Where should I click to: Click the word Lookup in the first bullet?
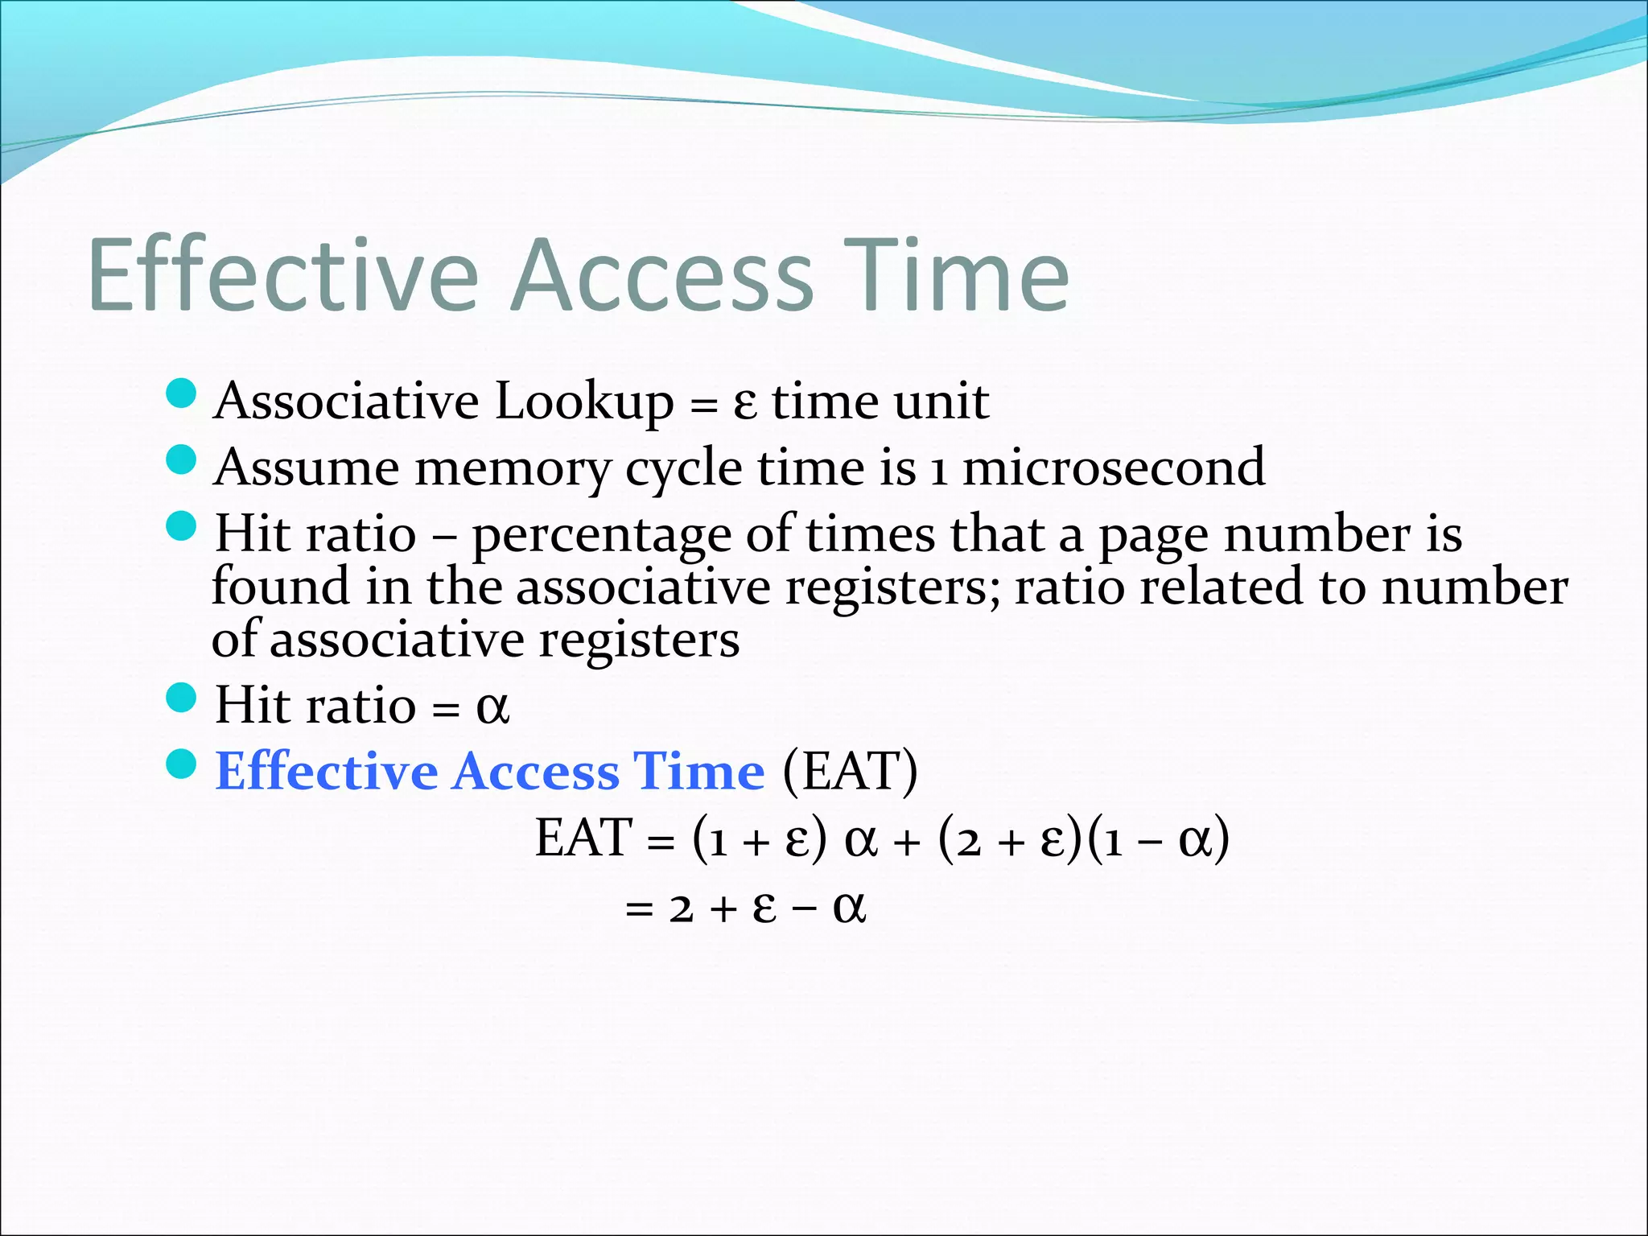point(584,402)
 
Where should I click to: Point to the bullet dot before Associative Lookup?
point(181,393)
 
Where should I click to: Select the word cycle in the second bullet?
point(683,469)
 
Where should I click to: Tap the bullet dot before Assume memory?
point(181,460)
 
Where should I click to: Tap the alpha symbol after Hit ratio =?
point(492,707)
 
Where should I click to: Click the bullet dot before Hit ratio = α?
point(181,697)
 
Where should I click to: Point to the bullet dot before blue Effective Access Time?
point(181,764)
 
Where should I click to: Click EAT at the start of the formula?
point(583,838)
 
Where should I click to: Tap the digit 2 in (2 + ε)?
point(969,842)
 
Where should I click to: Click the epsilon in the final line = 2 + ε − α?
point(764,908)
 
